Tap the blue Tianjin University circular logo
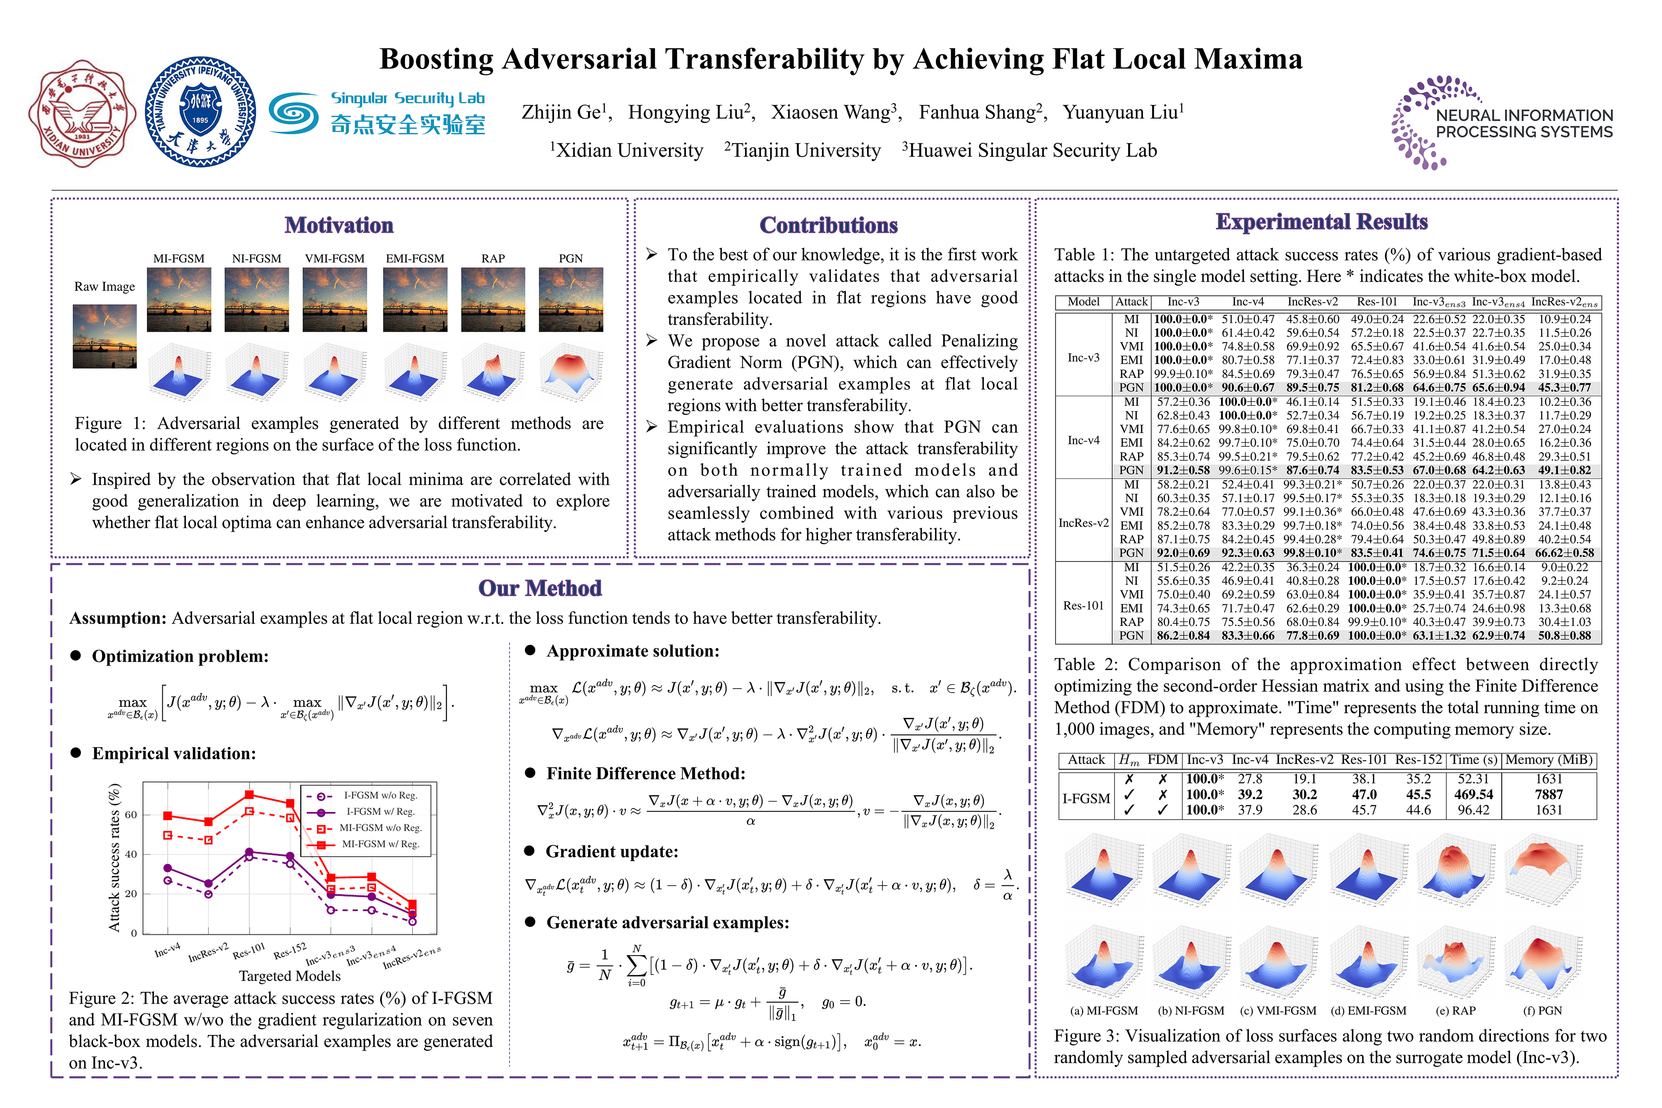pyautogui.click(x=201, y=112)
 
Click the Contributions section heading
pyautogui.click(x=828, y=225)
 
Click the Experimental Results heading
pyautogui.click(x=1322, y=222)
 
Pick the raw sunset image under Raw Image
pyautogui.click(x=105, y=336)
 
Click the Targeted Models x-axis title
pyautogui.click(x=290, y=976)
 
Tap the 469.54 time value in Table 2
pyautogui.click(x=1473, y=794)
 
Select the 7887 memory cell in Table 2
pyautogui.click(x=1548, y=794)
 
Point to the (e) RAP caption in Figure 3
pyautogui.click(x=1456, y=1011)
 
